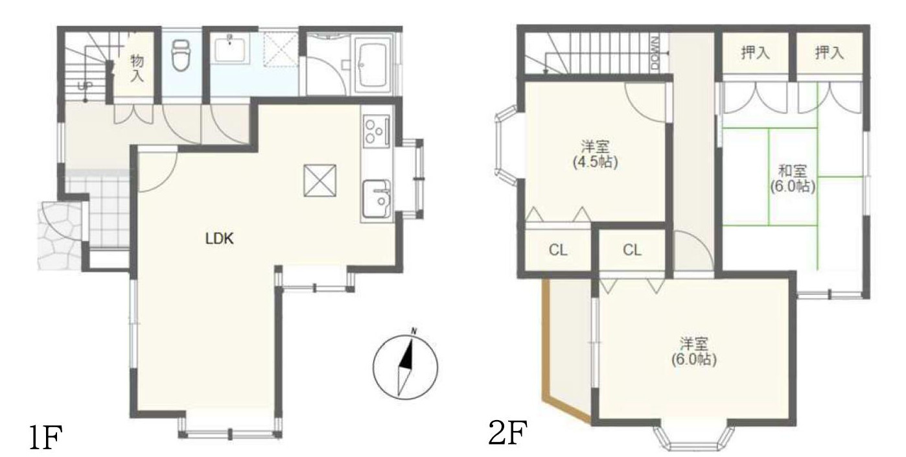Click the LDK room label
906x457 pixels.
click(219, 239)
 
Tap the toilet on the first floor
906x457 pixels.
click(180, 55)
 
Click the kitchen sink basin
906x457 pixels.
click(376, 199)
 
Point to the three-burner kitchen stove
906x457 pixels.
click(376, 130)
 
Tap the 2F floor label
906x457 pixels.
click(507, 432)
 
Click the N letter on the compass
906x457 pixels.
click(413, 332)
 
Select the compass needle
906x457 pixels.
click(406, 367)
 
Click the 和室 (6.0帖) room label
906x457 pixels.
click(792, 178)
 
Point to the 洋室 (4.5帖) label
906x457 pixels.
click(595, 154)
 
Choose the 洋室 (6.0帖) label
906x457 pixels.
click(693, 351)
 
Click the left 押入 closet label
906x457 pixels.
click(755, 53)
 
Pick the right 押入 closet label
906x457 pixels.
click(829, 53)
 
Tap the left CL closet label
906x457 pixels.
click(558, 250)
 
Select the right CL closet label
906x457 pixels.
click(632, 250)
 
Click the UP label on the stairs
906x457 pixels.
click(85, 86)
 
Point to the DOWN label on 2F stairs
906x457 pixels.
click(655, 53)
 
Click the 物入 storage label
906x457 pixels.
click(137, 68)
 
